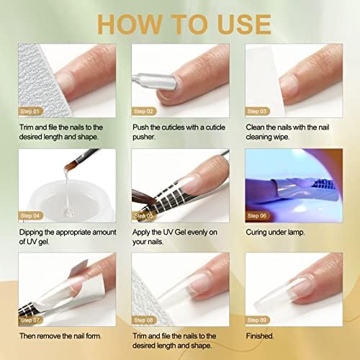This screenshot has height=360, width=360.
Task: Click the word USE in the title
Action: click(244, 24)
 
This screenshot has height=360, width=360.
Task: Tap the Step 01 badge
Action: click(30, 112)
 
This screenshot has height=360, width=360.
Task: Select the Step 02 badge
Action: click(143, 112)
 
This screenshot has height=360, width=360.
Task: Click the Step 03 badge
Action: click(257, 112)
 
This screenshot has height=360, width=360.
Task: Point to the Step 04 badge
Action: click(30, 216)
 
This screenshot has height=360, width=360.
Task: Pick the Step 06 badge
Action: click(257, 216)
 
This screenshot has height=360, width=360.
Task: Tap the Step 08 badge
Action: click(143, 320)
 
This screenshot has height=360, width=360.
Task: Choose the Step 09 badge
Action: click(257, 320)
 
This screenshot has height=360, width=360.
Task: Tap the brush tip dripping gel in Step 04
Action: click(70, 166)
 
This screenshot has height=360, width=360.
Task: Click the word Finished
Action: click(260, 336)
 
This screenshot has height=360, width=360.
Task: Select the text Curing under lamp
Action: click(275, 233)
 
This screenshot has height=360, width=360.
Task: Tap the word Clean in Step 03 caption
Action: click(255, 127)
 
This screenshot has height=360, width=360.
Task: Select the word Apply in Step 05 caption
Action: click(141, 233)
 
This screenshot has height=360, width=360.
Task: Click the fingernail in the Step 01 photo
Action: click(64, 84)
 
